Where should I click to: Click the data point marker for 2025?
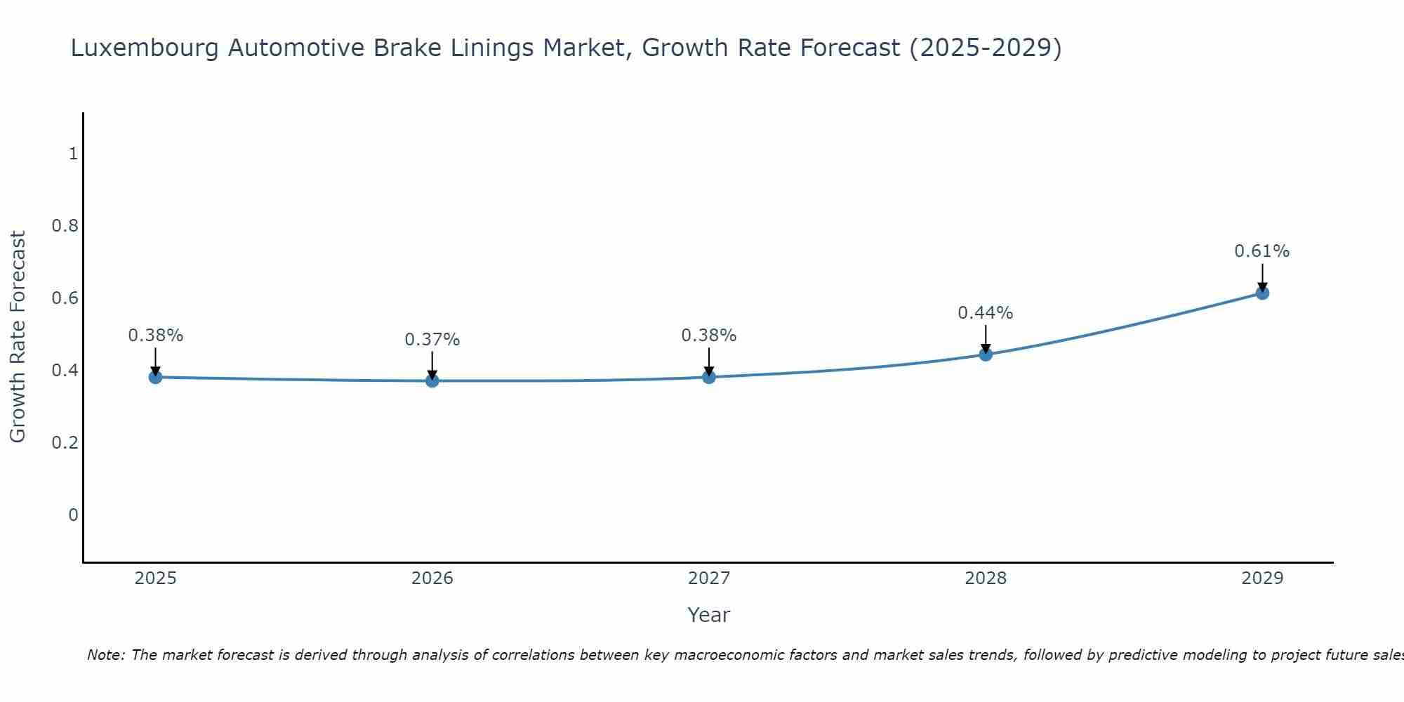[156, 377]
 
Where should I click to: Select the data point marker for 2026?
[432, 380]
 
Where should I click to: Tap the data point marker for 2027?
[709, 377]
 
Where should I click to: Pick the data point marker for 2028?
[986, 355]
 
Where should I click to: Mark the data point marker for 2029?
[1262, 293]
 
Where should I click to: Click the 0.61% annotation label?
[1261, 251]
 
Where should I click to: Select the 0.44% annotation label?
[985, 313]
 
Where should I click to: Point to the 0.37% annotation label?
[432, 340]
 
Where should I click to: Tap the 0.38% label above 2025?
[155, 336]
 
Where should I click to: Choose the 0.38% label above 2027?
[708, 336]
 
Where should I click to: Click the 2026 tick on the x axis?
[432, 578]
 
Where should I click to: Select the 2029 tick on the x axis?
[1262, 578]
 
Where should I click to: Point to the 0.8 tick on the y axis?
[65, 226]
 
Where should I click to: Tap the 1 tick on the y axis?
[73, 153]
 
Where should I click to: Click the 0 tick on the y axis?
[73, 515]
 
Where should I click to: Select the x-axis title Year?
[708, 615]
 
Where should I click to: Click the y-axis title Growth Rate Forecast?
[18, 337]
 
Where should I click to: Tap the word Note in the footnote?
[105, 655]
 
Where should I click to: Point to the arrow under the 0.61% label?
[1262, 278]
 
